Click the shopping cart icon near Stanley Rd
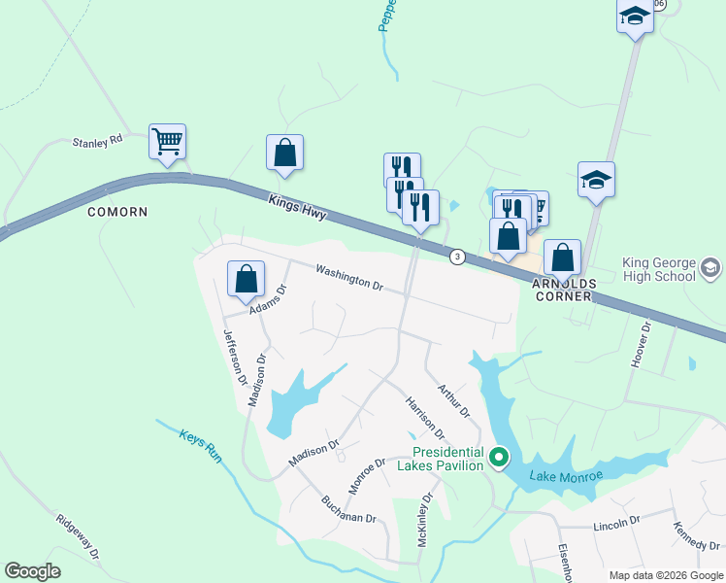coord(167,141)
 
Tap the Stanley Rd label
coord(98,141)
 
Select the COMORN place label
coord(117,212)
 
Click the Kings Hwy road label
coord(295,206)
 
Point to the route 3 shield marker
coord(456,257)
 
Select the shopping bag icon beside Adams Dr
coord(247,279)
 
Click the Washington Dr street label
coord(349,280)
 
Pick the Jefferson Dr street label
coord(236,357)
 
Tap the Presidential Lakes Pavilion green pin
coord(499,456)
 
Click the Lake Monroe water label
coord(567,475)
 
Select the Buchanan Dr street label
coord(348,511)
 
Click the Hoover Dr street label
coord(640,345)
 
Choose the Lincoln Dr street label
coord(617,522)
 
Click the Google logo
coord(33,571)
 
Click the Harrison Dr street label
coord(424,417)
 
